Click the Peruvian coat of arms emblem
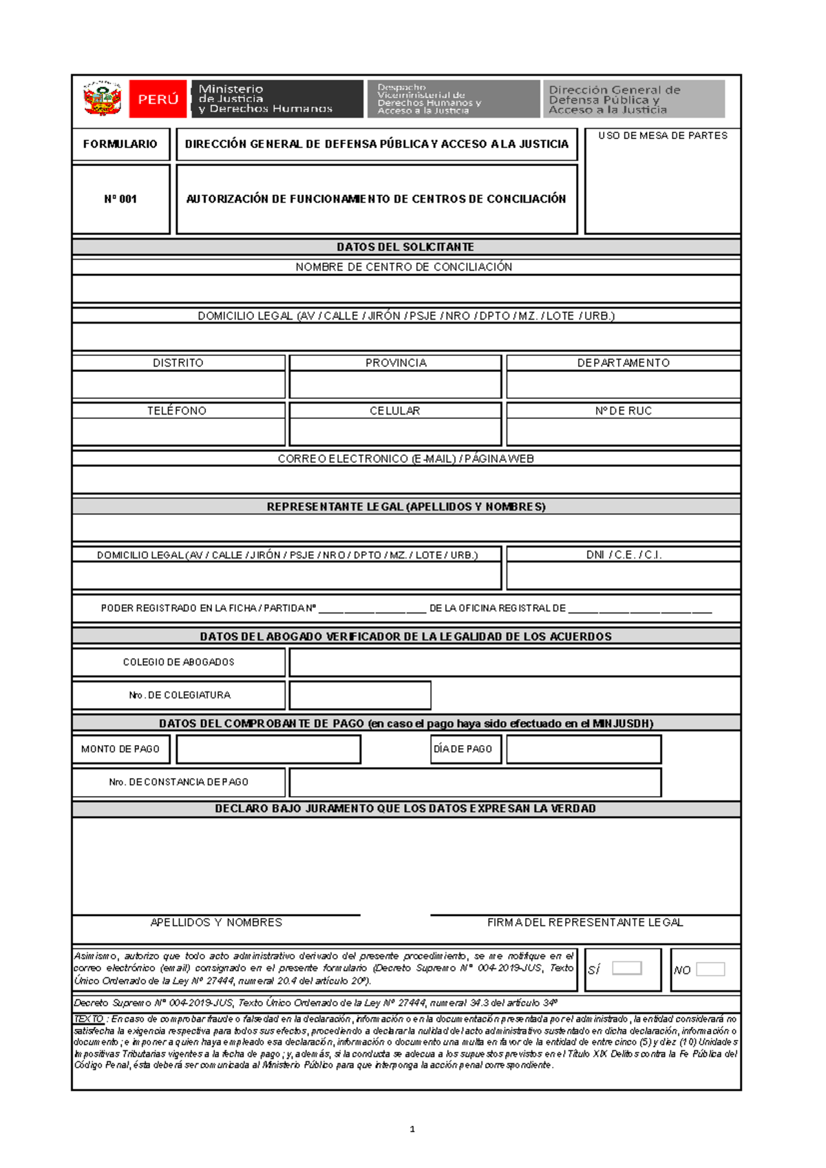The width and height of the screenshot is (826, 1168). pyautogui.click(x=102, y=98)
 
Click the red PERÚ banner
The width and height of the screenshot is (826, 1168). pyautogui.click(x=158, y=99)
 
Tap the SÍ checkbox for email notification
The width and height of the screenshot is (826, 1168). pyautogui.click(x=626, y=968)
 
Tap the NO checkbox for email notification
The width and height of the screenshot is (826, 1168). pyautogui.click(x=710, y=969)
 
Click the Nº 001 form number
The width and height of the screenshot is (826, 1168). pyautogui.click(x=120, y=199)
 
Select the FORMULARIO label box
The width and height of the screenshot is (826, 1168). pyautogui.click(x=120, y=144)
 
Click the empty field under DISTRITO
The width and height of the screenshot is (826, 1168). pyautogui.click(x=178, y=384)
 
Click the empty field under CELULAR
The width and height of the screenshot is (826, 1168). pyautogui.click(x=395, y=432)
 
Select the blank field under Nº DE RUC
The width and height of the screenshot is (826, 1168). pyautogui.click(x=623, y=432)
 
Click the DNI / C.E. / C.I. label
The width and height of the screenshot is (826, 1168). pyautogui.click(x=623, y=554)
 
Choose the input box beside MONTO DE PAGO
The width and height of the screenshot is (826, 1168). pyautogui.click(x=268, y=749)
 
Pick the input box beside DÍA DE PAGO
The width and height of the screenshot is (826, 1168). pyautogui.click(x=584, y=749)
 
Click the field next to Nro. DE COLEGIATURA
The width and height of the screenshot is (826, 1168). pyautogui.click(x=360, y=696)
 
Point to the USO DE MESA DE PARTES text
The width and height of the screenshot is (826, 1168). pyautogui.click(x=662, y=136)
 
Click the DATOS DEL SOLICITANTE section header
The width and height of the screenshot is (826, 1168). pyautogui.click(x=405, y=247)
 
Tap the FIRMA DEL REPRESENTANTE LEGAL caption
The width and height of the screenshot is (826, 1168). pyautogui.click(x=585, y=922)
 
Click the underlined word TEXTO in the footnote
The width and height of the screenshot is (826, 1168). pyautogui.click(x=89, y=1019)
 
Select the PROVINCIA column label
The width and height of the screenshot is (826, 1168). pyautogui.click(x=396, y=363)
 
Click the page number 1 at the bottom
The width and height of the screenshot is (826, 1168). pyautogui.click(x=412, y=1129)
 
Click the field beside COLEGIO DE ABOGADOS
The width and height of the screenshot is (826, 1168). pyautogui.click(x=515, y=663)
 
